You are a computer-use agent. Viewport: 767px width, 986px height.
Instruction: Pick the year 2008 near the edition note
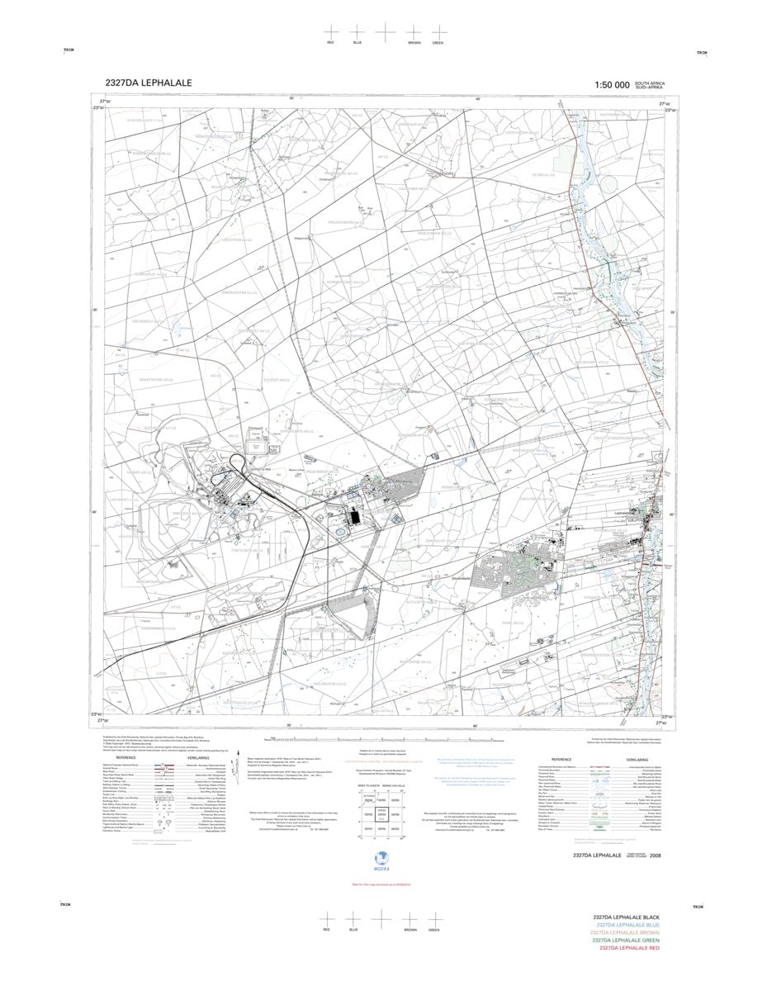pyautogui.click(x=655, y=856)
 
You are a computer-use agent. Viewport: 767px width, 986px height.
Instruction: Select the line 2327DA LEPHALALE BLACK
pyautogui.click(x=626, y=917)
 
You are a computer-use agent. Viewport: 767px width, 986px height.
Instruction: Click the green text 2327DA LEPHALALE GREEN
pyautogui.click(x=626, y=941)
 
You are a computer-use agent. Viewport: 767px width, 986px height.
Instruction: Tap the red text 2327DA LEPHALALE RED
pyautogui.click(x=628, y=948)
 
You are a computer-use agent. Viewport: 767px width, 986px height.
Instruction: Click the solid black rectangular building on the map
pyautogui.click(x=354, y=517)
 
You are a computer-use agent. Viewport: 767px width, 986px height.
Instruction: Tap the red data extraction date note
pyautogui.click(x=382, y=884)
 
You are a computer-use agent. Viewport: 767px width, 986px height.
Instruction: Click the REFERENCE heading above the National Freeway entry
pyautogui.click(x=125, y=757)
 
